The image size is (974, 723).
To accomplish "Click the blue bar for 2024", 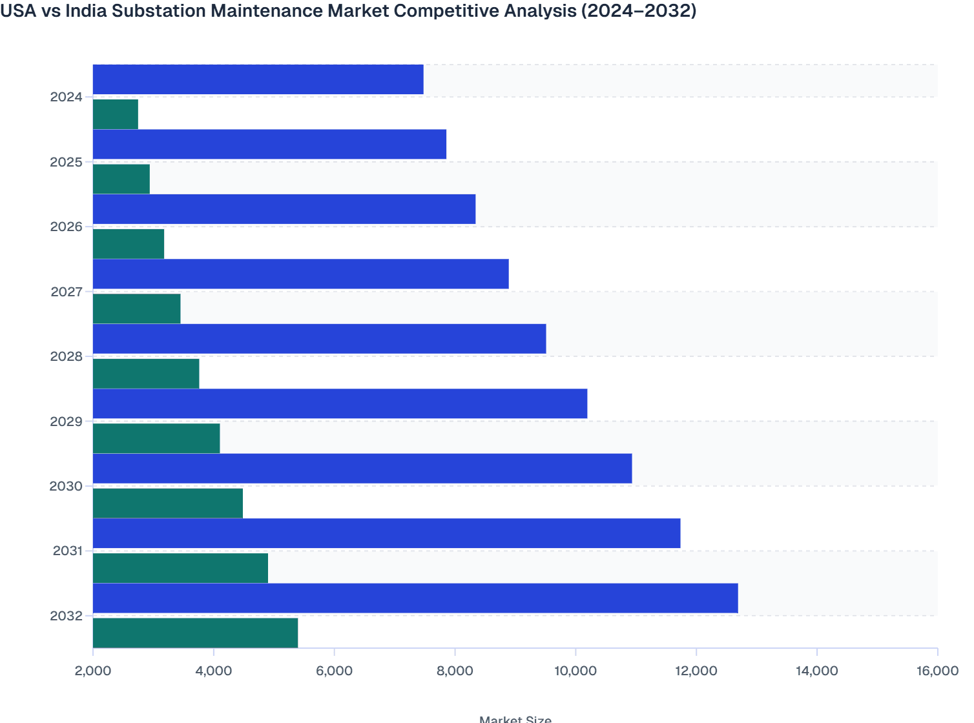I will pyautogui.click(x=258, y=79).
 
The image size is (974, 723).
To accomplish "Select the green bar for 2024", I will pyautogui.click(x=116, y=114).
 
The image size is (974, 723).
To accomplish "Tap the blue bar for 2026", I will pyautogui.click(x=284, y=209).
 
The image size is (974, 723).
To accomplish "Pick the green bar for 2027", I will pyautogui.click(x=137, y=309).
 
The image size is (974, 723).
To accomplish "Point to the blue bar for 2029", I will pyautogui.click(x=340, y=403).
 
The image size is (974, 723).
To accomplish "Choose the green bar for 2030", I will pyautogui.click(x=168, y=503).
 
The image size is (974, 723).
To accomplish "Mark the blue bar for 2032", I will pyautogui.click(x=415, y=598).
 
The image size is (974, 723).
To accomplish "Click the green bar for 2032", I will pyautogui.click(x=196, y=633).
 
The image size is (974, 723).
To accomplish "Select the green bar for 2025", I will pyautogui.click(x=121, y=179).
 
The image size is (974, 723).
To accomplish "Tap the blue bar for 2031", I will pyautogui.click(x=387, y=533).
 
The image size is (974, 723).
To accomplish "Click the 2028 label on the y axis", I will pyautogui.click(x=67, y=356).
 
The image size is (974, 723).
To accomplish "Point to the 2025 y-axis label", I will pyautogui.click(x=67, y=162).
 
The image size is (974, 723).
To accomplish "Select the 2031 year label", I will pyautogui.click(x=68, y=551).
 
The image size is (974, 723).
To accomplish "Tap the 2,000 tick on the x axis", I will pyautogui.click(x=93, y=671).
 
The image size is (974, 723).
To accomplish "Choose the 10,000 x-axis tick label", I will pyautogui.click(x=575, y=671).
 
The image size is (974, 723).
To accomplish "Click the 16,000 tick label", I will pyautogui.click(x=937, y=671).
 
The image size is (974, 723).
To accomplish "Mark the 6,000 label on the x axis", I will pyautogui.click(x=334, y=671).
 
